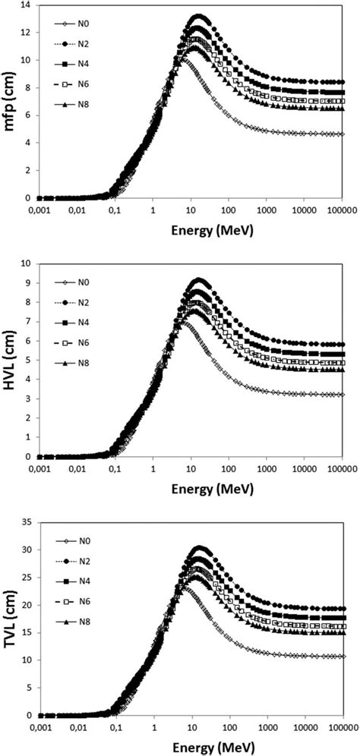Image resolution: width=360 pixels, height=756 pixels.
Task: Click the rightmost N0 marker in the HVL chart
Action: coord(342,395)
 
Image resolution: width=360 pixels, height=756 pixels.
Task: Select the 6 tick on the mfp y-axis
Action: coord(27,115)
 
